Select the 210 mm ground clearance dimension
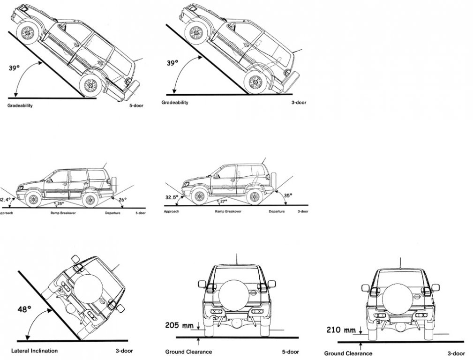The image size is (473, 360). (x=340, y=330)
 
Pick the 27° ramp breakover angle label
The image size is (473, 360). (x=223, y=201)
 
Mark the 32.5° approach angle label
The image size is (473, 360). (x=172, y=197)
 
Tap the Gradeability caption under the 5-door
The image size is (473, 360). (x=20, y=105)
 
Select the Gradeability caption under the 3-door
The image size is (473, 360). (x=175, y=102)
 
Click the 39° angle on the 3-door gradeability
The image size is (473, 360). (x=173, y=62)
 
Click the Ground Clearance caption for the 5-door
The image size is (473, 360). (x=188, y=352)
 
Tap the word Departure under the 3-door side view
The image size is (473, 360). (x=277, y=211)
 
